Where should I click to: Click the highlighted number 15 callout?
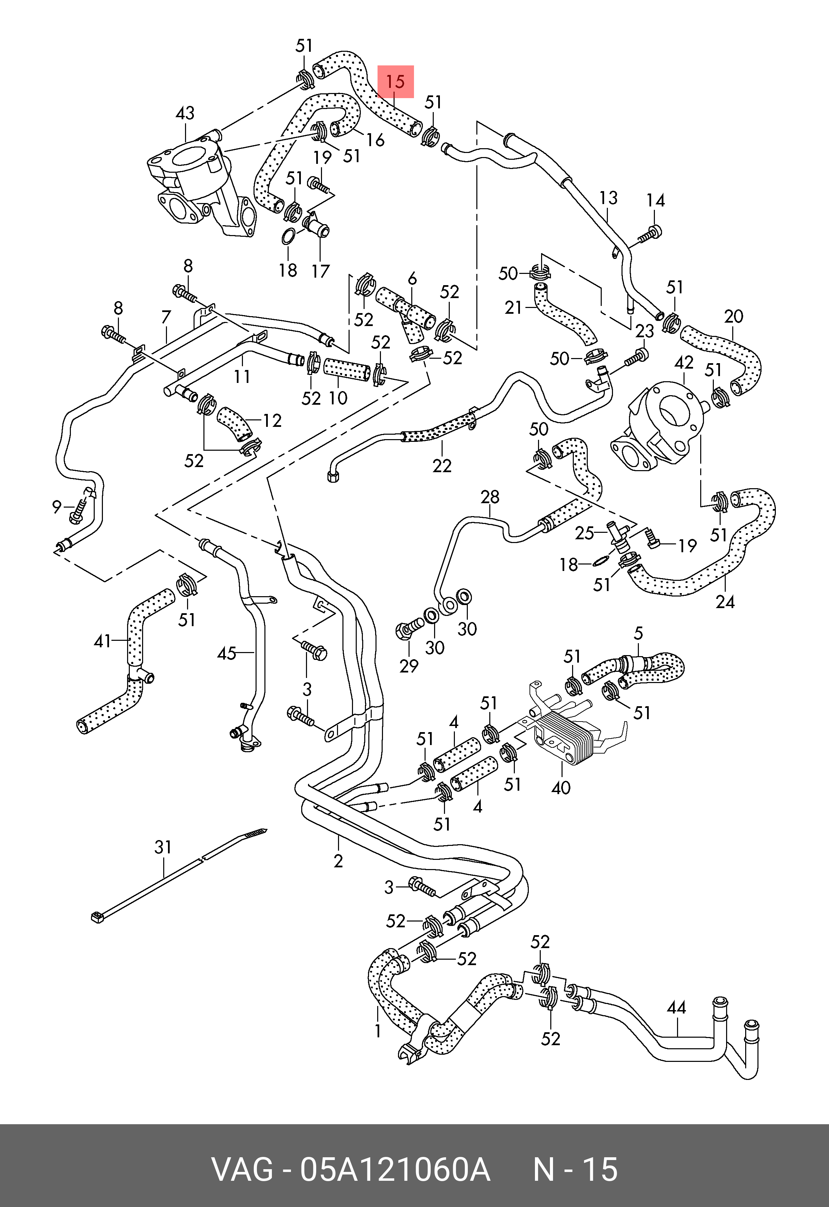tap(395, 81)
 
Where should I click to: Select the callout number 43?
tap(185, 113)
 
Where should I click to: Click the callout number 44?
tap(676, 1008)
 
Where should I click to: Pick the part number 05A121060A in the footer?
tap(395, 1169)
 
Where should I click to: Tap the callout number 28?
tap(490, 497)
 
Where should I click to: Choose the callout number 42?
tap(684, 362)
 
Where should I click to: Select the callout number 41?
tap(102, 641)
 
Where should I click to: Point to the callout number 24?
tap(725, 601)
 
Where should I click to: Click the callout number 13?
tap(608, 198)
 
